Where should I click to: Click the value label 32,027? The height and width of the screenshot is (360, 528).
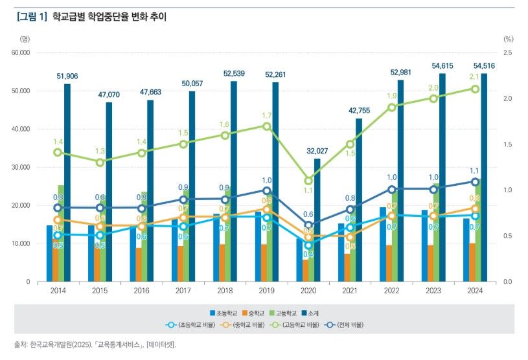tap(317, 151)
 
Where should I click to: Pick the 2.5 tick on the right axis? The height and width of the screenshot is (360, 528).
tap(507, 52)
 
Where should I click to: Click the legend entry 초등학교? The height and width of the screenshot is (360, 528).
tap(225, 313)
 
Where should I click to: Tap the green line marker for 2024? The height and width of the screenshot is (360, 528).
tap(475, 89)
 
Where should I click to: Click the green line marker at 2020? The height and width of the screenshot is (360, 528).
tap(308, 181)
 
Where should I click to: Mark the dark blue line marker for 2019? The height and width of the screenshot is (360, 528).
tap(267, 190)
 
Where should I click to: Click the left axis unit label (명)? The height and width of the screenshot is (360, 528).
tap(25, 39)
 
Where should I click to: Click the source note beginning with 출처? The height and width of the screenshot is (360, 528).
tap(95, 344)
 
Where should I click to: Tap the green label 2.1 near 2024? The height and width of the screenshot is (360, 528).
tap(475, 76)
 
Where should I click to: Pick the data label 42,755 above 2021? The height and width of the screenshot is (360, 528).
tap(358, 110)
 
